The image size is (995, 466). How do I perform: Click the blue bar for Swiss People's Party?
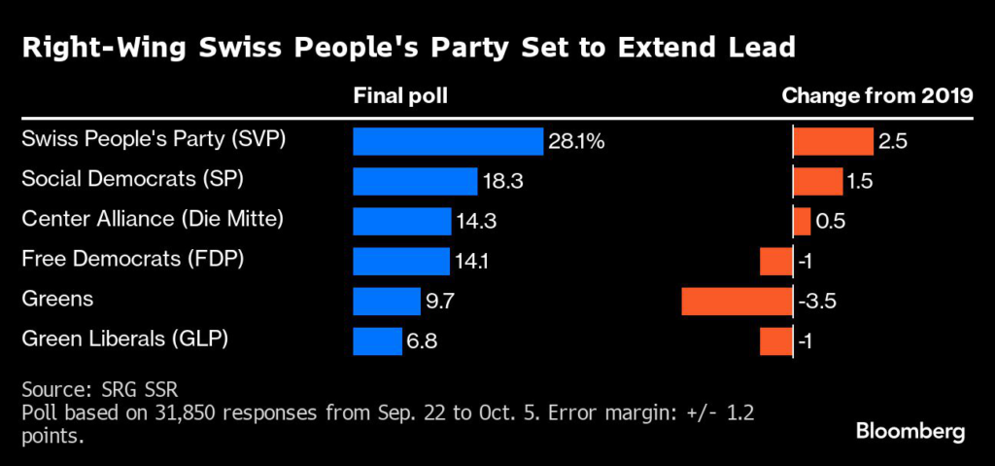(x=447, y=142)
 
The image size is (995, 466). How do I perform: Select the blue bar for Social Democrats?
(x=415, y=182)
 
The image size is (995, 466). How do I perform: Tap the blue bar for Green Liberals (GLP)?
(x=377, y=341)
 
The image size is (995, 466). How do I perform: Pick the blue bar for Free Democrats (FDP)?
(x=401, y=262)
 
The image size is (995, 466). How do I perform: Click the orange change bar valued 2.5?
(x=833, y=142)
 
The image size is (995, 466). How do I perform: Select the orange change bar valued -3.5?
(x=738, y=302)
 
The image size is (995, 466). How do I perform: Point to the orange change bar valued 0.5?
(x=802, y=222)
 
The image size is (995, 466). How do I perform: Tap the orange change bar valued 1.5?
(x=818, y=182)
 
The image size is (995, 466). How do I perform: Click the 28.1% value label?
(x=577, y=142)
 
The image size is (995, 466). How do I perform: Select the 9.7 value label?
(x=439, y=302)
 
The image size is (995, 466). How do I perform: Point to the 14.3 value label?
(x=476, y=222)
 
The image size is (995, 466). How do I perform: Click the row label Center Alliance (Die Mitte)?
(x=153, y=219)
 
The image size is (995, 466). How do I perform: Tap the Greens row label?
(x=57, y=299)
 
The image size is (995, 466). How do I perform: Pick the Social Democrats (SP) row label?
(x=131, y=179)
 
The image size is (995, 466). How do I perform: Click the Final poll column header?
(x=400, y=96)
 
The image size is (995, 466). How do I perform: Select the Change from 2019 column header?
(x=877, y=96)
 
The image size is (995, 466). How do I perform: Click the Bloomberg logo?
(x=910, y=431)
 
